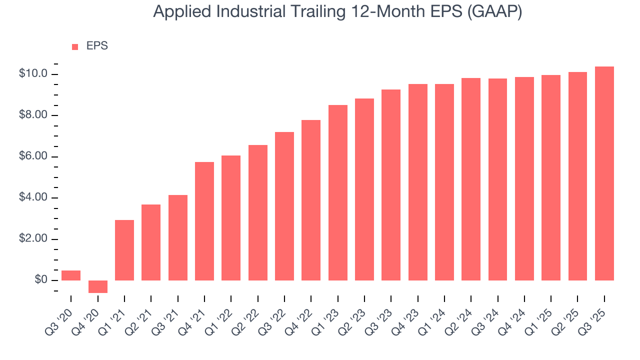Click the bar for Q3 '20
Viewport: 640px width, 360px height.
point(71,275)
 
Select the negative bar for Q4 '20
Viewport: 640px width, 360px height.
point(98,286)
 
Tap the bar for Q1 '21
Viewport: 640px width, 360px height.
point(124,250)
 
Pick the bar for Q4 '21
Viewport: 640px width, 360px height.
point(204,221)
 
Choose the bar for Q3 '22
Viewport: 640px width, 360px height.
point(284,206)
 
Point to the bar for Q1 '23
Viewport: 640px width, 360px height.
point(338,192)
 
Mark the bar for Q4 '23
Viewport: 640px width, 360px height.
point(418,182)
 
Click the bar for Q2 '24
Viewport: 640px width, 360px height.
point(471,179)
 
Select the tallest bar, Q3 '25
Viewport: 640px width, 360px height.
point(604,173)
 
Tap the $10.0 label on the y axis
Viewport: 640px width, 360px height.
point(33,74)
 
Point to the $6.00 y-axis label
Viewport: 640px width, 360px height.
point(33,156)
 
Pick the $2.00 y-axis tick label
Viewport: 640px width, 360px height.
point(33,239)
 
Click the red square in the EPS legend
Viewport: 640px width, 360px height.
point(75,46)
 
